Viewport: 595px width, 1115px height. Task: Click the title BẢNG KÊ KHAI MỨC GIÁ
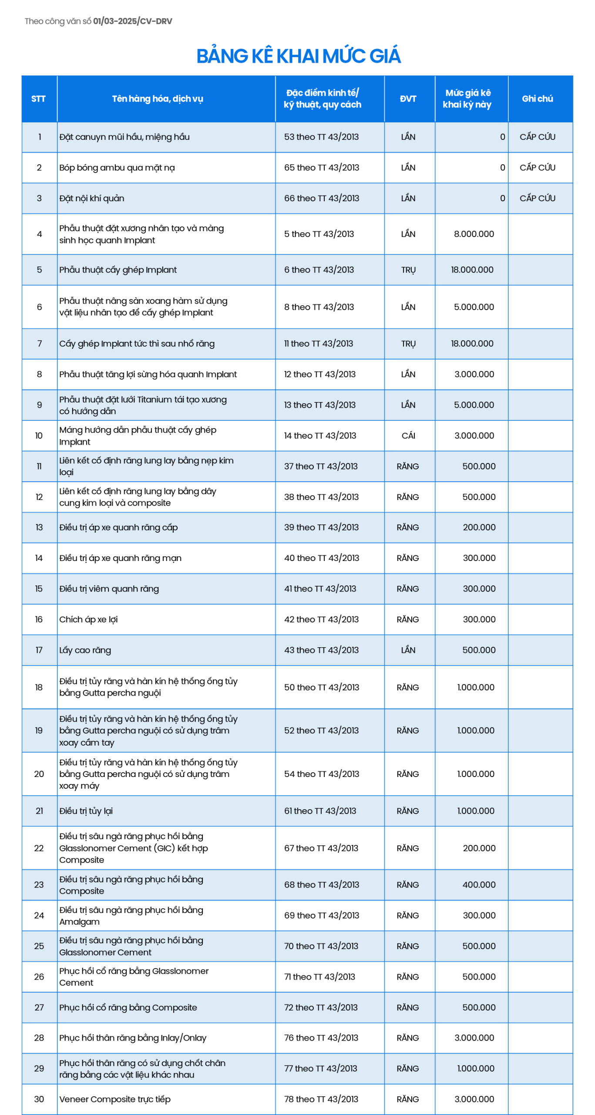(298, 56)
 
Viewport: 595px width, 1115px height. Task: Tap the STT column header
(38, 99)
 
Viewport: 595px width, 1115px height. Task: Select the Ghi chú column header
(537, 99)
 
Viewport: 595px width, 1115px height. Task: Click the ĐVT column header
(408, 99)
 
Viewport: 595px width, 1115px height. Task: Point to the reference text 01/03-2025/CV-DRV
(133, 21)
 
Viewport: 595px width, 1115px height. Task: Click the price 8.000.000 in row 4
(474, 234)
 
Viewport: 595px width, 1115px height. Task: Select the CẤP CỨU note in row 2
(537, 168)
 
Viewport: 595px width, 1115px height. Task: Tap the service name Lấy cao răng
(85, 650)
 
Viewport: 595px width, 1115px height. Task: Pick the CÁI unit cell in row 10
(408, 436)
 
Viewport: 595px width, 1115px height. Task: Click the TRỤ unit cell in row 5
(408, 270)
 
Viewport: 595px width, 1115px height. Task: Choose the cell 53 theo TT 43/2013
(321, 137)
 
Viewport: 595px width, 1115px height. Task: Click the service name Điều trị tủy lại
(86, 811)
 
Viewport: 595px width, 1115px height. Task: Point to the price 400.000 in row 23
(479, 885)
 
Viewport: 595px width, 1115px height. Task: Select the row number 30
(39, 1099)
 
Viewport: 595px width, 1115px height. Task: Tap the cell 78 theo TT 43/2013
(321, 1099)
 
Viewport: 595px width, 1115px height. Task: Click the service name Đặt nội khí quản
(92, 199)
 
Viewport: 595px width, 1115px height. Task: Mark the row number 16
(39, 619)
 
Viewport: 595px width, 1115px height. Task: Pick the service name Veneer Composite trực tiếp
(115, 1099)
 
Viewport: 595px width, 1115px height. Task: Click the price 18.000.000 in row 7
(472, 344)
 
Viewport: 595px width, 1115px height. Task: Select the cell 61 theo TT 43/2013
(320, 811)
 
